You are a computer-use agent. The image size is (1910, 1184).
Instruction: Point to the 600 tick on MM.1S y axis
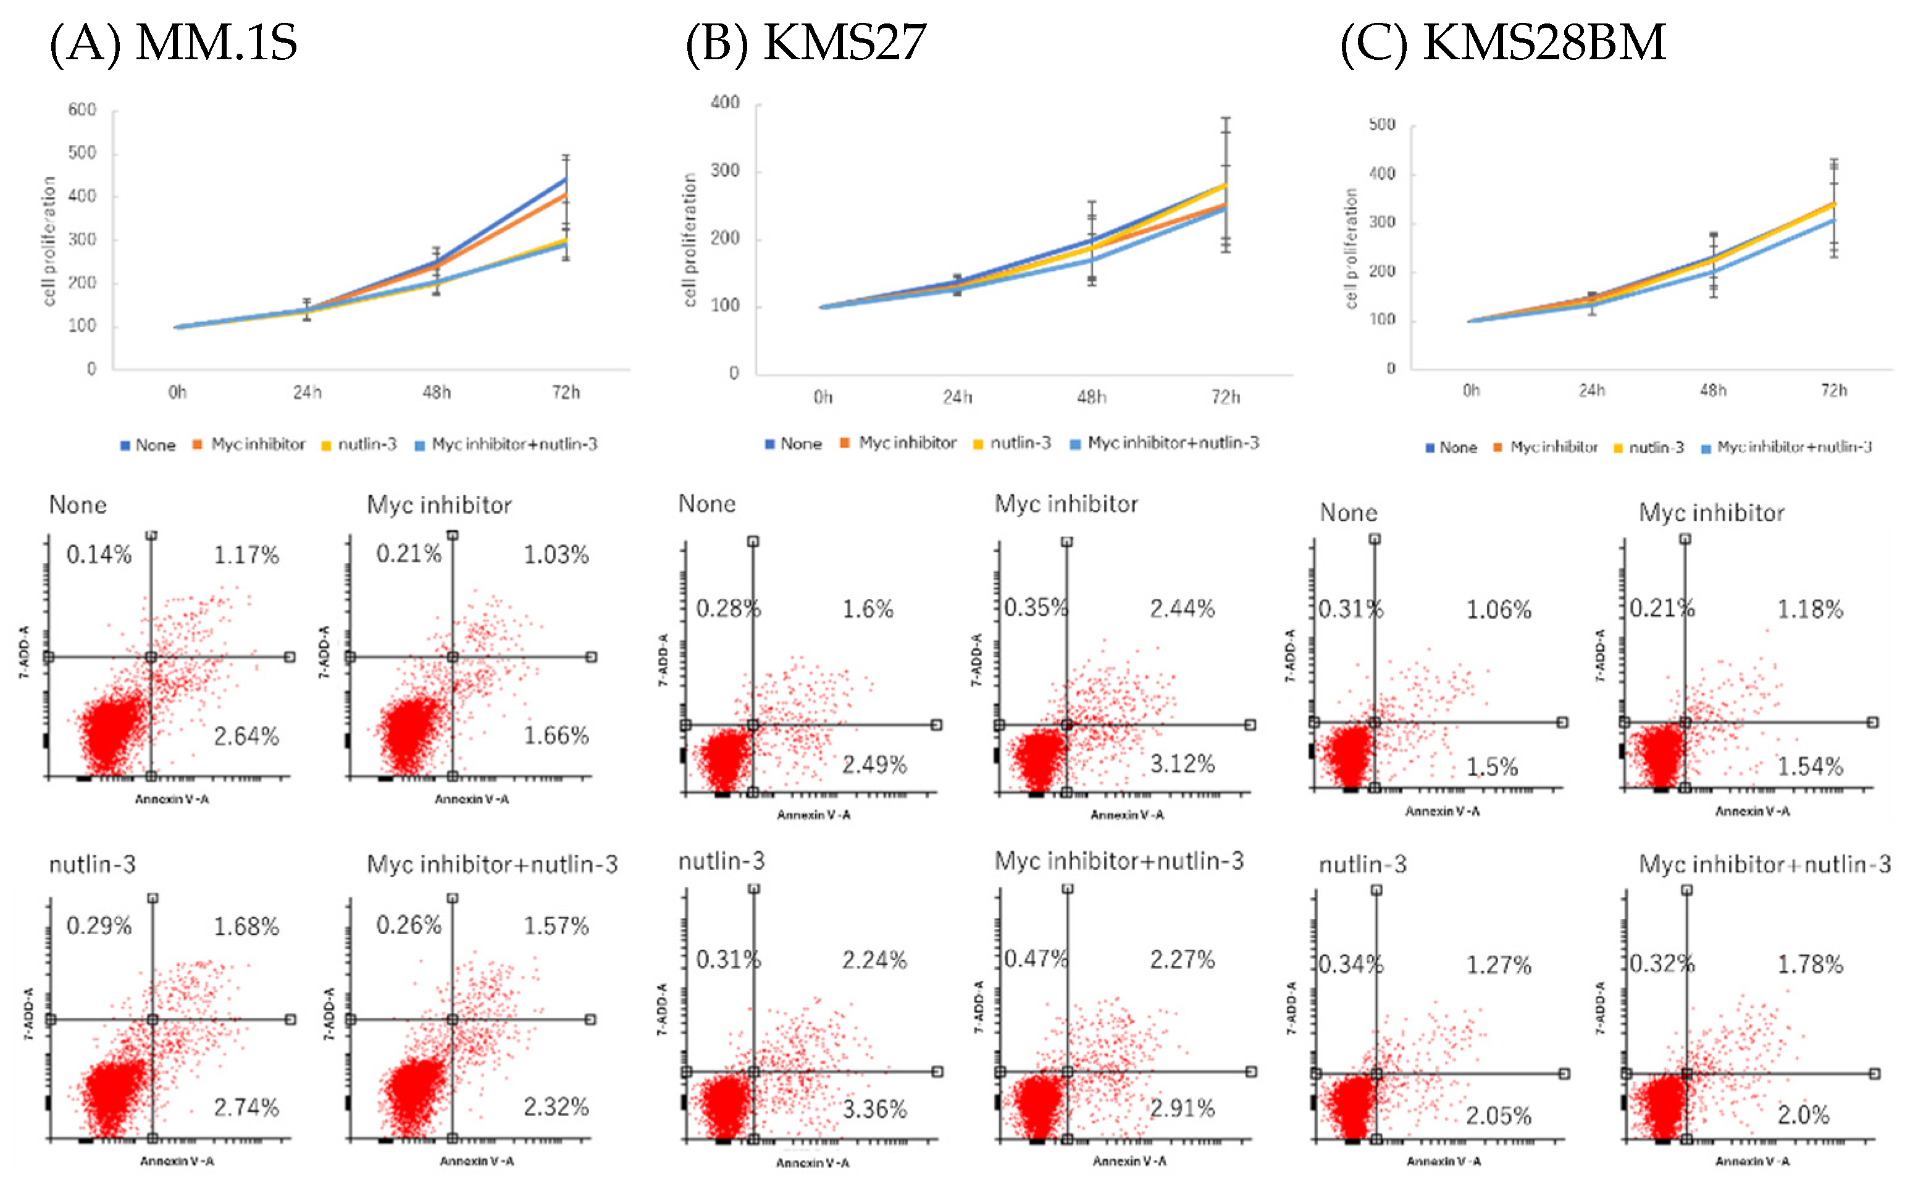pyautogui.click(x=82, y=110)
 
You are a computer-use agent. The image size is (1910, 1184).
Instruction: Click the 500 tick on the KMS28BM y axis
pyautogui.click(x=1381, y=125)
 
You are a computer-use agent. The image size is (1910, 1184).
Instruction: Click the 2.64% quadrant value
pyautogui.click(x=246, y=736)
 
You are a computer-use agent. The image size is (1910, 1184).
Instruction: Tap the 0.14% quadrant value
pyautogui.click(x=99, y=554)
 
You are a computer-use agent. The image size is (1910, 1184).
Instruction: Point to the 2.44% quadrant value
pyautogui.click(x=1182, y=609)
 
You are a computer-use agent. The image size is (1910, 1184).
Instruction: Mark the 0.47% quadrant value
pyautogui.click(x=1035, y=959)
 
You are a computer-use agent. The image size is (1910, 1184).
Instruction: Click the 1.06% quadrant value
pyautogui.click(x=1498, y=609)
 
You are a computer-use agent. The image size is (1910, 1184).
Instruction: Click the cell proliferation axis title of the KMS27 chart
pyautogui.click(x=689, y=240)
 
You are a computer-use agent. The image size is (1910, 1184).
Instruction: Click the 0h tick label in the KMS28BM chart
pyautogui.click(x=1471, y=390)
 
